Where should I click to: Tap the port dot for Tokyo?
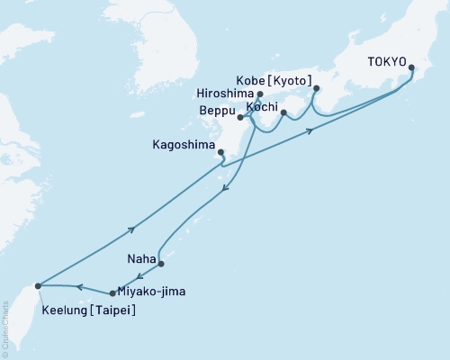click(x=411, y=67)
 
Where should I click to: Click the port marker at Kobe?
click(x=316, y=88)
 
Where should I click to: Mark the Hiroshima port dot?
click(x=260, y=94)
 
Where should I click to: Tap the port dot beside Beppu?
click(x=240, y=117)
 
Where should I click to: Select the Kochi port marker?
click(x=283, y=113)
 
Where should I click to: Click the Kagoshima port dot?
click(x=221, y=152)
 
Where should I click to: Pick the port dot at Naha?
click(x=161, y=265)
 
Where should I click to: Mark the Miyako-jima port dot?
click(x=112, y=293)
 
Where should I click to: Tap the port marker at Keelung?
click(x=38, y=286)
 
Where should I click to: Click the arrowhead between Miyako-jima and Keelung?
click(x=78, y=288)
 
